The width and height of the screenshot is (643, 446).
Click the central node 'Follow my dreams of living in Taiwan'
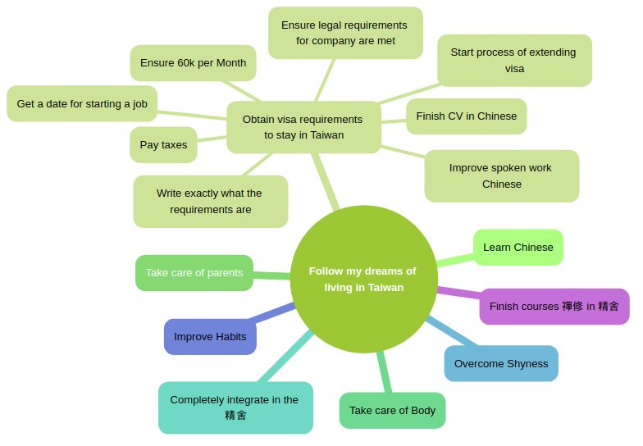pyautogui.click(x=363, y=279)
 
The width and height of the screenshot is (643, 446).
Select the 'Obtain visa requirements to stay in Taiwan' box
pyautogui.click(x=303, y=127)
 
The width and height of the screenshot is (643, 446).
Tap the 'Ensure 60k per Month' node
pyautogui.click(x=193, y=63)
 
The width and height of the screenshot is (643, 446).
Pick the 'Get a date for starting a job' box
pyautogui.click(x=82, y=104)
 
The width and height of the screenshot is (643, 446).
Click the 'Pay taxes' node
pyautogui.click(x=163, y=145)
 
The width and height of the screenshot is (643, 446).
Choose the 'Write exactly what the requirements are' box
pyautogui.click(x=210, y=202)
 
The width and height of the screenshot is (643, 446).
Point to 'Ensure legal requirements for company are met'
pyautogui.click(x=345, y=33)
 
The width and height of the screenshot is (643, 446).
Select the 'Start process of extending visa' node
pyautogui.click(x=514, y=61)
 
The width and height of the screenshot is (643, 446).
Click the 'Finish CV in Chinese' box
pyautogui.click(x=466, y=116)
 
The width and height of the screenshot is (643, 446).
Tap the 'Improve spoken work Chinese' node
pyautogui.click(x=501, y=176)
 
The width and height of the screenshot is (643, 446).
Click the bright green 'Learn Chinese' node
pyautogui.click(x=518, y=248)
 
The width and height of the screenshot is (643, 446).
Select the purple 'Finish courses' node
pyautogui.click(x=554, y=307)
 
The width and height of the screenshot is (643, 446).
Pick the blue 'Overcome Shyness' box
pyautogui.click(x=501, y=364)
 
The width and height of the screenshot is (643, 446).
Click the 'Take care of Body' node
pyautogui.click(x=392, y=411)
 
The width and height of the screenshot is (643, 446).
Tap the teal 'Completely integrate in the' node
pyautogui.click(x=235, y=407)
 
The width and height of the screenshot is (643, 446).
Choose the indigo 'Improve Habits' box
pyautogui.click(x=210, y=337)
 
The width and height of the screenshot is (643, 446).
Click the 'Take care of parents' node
pyautogui.click(x=194, y=273)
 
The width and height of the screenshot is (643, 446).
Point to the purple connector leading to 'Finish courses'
pyautogui.click(x=458, y=292)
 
